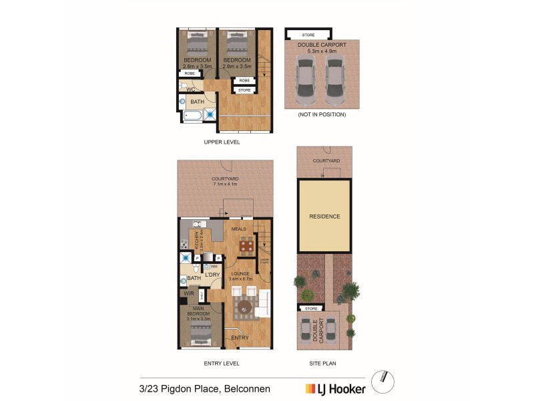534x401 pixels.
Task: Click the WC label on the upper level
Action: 190,89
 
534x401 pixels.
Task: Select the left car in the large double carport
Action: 305,78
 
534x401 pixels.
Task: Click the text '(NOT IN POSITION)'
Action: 322,114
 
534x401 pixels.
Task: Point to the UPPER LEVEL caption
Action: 222,142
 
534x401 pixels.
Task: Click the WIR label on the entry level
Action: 189,293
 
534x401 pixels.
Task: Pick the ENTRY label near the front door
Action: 240,338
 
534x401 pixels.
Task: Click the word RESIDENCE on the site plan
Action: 324,217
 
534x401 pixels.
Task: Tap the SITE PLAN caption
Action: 324,364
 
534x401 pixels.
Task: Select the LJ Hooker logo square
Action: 310,388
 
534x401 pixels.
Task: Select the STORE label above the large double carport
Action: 308,35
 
